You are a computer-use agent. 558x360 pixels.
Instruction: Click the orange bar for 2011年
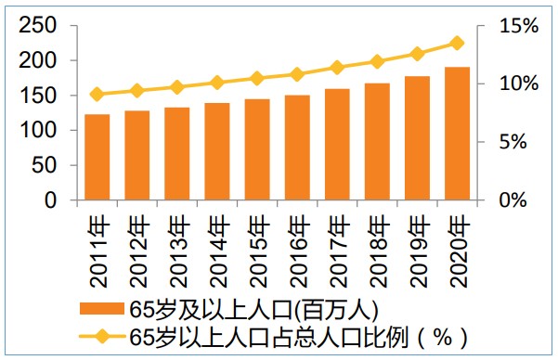[x=97, y=158]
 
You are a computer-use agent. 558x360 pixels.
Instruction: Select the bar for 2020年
[x=457, y=134]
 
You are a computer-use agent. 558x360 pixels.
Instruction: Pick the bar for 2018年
[x=377, y=142]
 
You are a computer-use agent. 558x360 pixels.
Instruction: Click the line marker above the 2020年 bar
[x=457, y=43]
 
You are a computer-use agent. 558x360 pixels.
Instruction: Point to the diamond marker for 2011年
[x=97, y=94]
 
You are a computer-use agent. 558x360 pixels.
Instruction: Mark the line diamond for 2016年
[x=297, y=74]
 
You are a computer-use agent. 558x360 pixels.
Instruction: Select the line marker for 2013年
[x=177, y=87]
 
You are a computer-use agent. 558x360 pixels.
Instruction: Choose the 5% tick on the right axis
[x=524, y=142]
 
